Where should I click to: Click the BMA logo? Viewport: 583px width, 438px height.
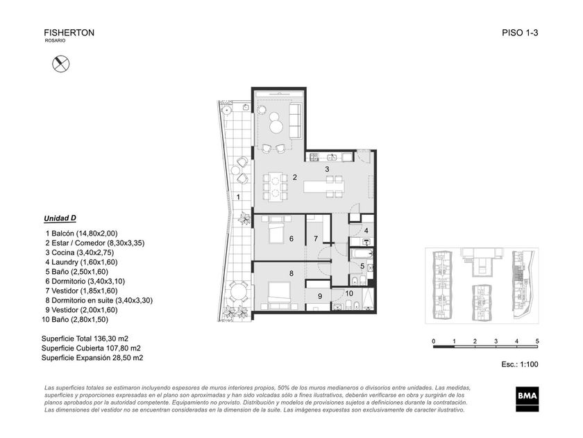click(x=527, y=399)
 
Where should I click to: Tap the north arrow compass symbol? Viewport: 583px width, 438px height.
click(x=60, y=64)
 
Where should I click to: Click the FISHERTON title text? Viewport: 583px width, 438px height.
click(x=69, y=33)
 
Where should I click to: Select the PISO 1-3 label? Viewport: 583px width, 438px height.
click(x=520, y=33)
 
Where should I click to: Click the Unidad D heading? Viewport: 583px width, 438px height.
click(x=60, y=218)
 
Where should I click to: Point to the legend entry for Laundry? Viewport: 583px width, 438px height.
click(x=81, y=262)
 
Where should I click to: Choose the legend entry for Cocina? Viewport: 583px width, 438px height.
click(x=80, y=252)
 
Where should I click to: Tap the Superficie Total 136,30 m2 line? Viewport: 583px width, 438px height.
click(x=85, y=339)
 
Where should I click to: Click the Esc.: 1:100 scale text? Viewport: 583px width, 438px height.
click(x=519, y=364)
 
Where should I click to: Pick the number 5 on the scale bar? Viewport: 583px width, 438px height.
click(x=537, y=341)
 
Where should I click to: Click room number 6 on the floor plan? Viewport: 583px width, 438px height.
click(x=291, y=238)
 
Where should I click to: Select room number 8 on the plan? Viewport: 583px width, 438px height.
click(x=291, y=274)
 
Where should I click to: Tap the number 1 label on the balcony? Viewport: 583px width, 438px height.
click(x=238, y=197)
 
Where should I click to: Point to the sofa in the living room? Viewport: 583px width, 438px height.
click(x=295, y=121)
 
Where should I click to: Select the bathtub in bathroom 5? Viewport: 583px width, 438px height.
click(x=361, y=254)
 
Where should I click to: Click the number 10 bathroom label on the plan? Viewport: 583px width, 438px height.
click(x=349, y=293)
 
